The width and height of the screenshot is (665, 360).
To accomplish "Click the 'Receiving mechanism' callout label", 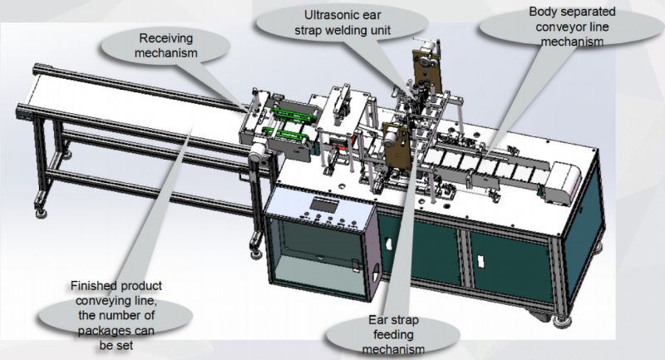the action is point(165,46).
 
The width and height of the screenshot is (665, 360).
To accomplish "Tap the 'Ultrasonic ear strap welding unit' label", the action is point(342,22).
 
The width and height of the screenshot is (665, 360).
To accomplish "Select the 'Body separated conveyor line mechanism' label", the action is point(572,27).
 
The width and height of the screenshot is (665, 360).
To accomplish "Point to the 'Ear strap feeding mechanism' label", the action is point(393,334).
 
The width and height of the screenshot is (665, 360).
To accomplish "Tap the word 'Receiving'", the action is point(165,38).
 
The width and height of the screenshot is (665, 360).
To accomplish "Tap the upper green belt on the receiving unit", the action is point(293,115).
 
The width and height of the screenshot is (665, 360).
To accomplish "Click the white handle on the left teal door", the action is point(387,244).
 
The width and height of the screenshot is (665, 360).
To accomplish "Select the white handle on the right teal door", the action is point(480,261).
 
